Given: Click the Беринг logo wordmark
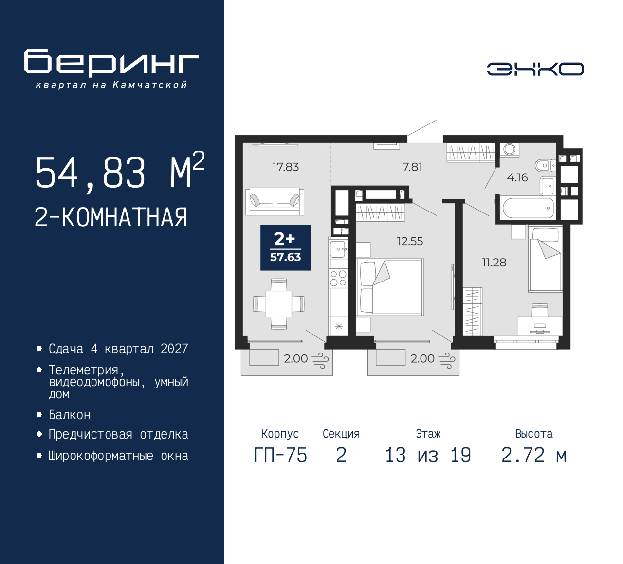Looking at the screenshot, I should click(111, 63).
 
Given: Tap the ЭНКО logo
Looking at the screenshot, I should click(535, 69).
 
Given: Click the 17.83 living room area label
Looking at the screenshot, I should click(286, 167).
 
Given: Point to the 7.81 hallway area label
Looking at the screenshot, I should click(412, 167).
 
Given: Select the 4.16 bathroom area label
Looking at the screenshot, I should click(517, 178).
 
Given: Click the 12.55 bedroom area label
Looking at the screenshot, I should click(410, 241).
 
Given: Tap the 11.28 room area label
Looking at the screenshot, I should click(494, 263).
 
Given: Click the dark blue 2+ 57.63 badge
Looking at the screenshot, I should click(286, 247).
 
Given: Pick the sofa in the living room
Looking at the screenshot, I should click(275, 202).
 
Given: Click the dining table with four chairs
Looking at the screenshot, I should click(279, 304).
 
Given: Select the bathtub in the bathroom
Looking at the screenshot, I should click(528, 208).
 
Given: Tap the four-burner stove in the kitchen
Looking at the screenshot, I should click(338, 279).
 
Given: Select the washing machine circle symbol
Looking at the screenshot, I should click(510, 149).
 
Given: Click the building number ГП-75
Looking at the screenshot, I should click(280, 456).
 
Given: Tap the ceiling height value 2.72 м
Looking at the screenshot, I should click(534, 456).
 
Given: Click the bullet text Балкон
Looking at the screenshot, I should click(70, 415).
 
